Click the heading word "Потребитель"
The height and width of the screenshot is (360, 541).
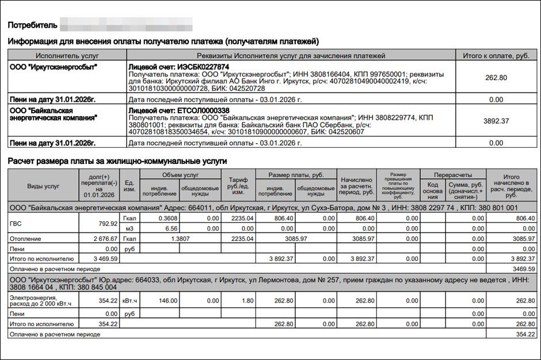click(32, 25)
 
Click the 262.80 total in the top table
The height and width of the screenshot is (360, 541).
click(496, 78)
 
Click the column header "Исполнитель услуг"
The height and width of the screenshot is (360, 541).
click(67, 56)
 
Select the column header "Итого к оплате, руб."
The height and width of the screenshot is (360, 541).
click(496, 56)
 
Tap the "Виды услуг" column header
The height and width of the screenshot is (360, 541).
click(43, 186)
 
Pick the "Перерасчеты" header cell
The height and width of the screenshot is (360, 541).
click(453, 175)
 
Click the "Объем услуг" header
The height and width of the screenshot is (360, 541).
click(180, 175)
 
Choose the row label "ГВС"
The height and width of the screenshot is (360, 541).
click(16, 223)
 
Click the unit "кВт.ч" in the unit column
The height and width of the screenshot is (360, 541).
click(129, 300)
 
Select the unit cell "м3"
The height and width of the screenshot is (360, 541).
click(129, 228)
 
